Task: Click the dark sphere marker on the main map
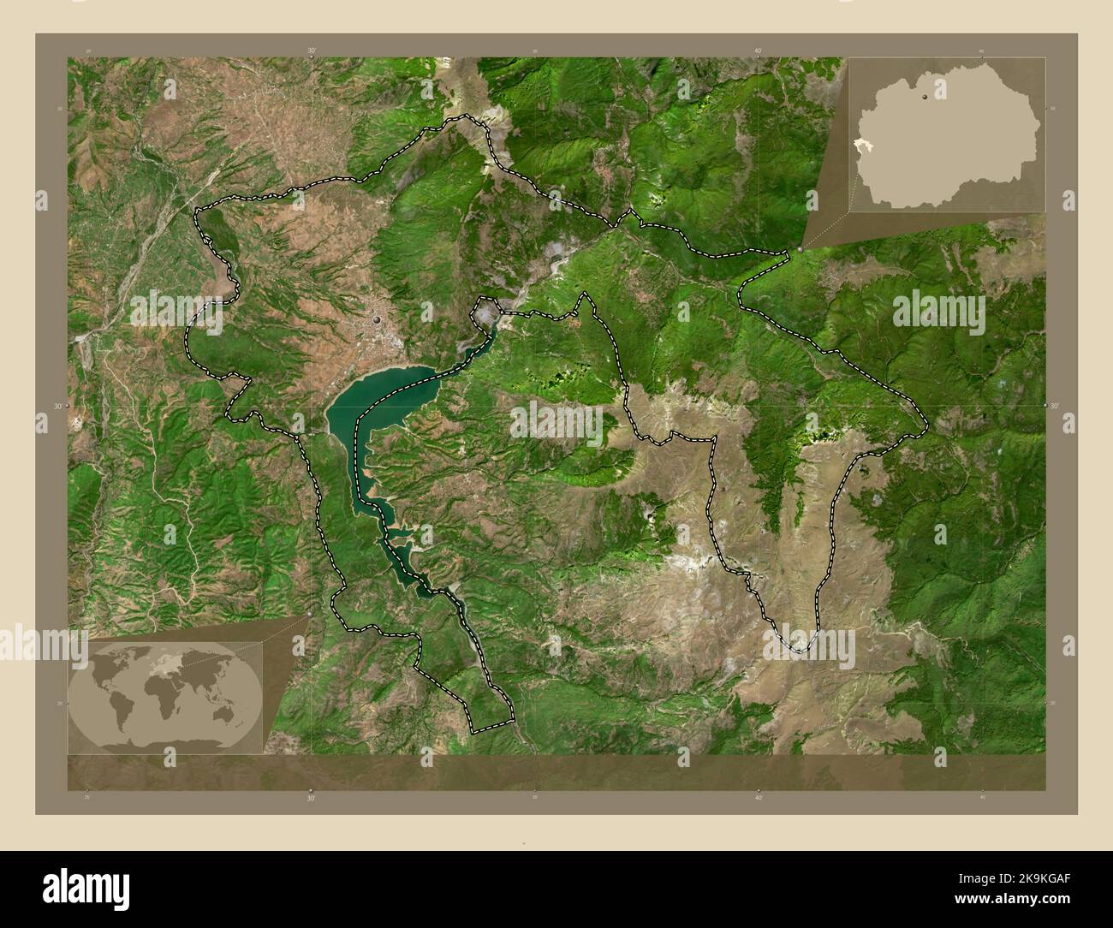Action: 378,320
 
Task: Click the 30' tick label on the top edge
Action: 311,51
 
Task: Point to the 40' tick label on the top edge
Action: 759,51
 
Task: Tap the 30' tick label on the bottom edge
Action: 311,798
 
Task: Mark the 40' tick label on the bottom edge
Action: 759,798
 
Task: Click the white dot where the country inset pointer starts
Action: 800,249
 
